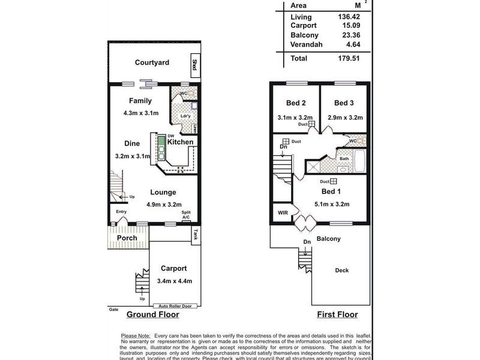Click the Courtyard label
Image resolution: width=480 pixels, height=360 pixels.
point(152,62)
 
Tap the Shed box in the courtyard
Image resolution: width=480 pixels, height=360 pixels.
point(194,64)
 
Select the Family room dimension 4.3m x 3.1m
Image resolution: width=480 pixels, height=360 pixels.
point(137,112)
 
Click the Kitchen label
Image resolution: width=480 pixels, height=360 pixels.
point(180,142)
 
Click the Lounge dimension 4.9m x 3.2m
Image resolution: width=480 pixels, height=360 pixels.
point(164,204)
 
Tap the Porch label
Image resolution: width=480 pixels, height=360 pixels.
point(127,238)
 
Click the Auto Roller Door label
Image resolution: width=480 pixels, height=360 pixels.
point(175,306)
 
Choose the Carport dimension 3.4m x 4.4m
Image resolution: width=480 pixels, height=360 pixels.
point(174,281)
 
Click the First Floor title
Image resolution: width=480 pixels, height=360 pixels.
point(338,315)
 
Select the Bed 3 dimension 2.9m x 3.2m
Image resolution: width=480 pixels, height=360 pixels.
point(345,118)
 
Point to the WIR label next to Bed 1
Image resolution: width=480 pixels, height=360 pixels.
point(283,213)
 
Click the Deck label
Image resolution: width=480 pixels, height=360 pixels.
point(341,271)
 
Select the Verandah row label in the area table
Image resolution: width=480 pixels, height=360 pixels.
point(307,44)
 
